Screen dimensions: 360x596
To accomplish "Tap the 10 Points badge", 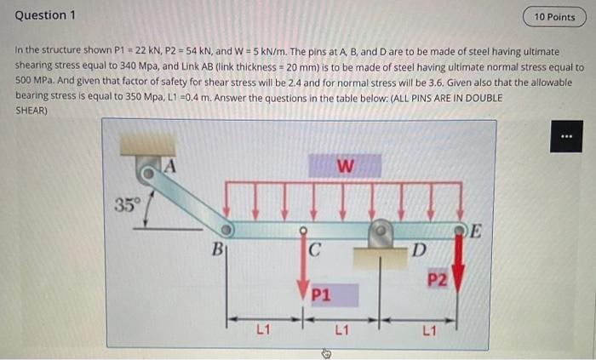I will click(554, 16).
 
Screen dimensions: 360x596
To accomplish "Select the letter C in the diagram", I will click(314, 250).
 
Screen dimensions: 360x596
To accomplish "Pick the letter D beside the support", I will click(417, 249).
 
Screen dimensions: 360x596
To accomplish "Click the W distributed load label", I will click(345, 166).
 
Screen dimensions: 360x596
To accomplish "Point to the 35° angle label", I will click(126, 204).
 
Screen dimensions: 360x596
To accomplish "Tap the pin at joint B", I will click(226, 231).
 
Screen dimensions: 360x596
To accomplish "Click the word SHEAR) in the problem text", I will click(32, 111).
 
